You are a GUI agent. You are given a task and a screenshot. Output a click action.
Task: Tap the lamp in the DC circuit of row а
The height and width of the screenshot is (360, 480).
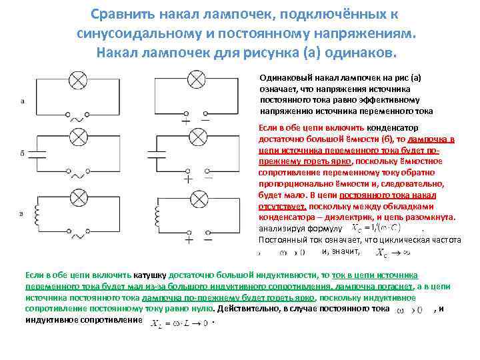coord(196,79)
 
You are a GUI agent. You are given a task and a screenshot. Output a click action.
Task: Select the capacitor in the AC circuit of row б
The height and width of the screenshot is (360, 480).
coord(39,153)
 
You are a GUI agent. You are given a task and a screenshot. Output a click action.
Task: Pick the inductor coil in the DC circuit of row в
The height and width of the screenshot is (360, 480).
coord(157,215)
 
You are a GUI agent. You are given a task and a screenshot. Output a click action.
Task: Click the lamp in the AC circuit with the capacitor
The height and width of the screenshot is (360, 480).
coord(79,138)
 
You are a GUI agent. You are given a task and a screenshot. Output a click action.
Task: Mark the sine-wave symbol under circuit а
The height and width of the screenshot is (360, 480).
coord(79,119)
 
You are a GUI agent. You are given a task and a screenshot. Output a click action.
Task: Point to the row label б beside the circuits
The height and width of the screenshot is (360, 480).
coord(22,153)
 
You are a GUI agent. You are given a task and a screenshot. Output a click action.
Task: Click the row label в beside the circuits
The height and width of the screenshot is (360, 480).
coord(22,214)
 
